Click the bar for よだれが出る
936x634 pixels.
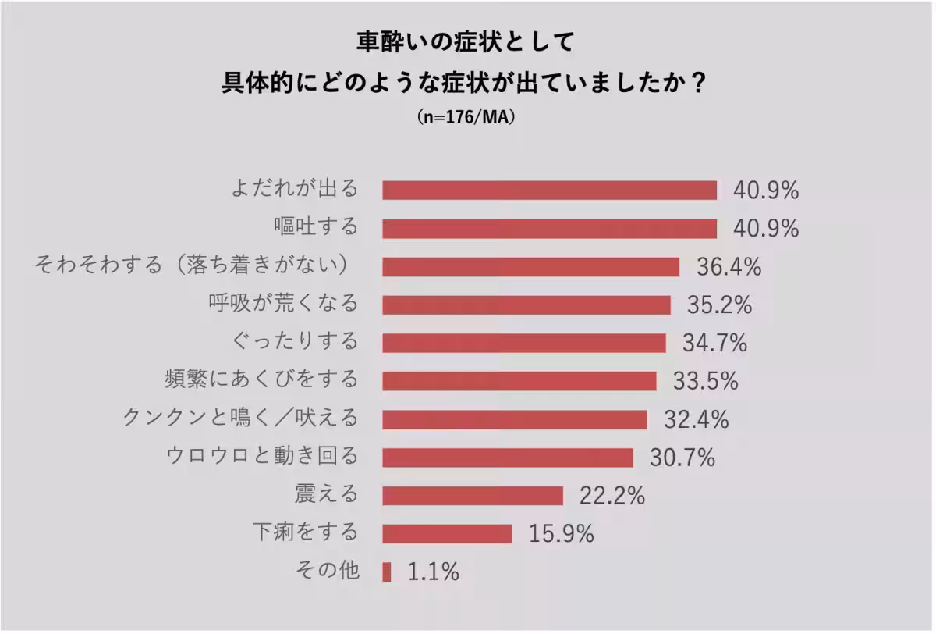click(x=549, y=191)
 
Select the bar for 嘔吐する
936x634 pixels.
click(x=549, y=229)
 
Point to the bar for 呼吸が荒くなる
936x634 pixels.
click(x=526, y=305)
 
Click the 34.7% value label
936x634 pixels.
click(x=715, y=343)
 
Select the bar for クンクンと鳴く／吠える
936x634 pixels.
click(x=515, y=419)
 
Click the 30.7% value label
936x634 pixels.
click(x=682, y=458)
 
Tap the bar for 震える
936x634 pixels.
click(x=473, y=496)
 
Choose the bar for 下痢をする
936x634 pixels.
click(x=448, y=534)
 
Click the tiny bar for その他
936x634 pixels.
click(x=387, y=572)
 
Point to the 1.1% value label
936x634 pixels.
click(x=433, y=572)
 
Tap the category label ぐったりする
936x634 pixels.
click(x=296, y=342)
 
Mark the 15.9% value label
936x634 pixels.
click(x=562, y=534)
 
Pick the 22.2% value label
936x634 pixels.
click(x=612, y=496)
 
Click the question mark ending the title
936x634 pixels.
click(x=699, y=83)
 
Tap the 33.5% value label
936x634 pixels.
click(x=706, y=381)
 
